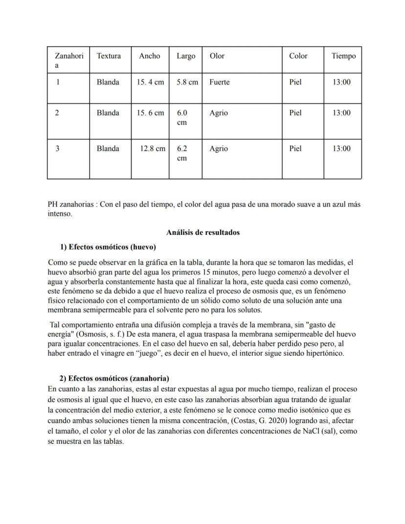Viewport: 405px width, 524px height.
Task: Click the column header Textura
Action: point(109,56)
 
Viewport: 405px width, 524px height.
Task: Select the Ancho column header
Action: point(149,56)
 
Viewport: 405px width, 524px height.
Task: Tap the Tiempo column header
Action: point(343,56)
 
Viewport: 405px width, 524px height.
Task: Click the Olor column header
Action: point(217,56)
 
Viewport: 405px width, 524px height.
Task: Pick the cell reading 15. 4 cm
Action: point(150,82)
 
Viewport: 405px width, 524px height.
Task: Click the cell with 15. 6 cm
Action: point(150,113)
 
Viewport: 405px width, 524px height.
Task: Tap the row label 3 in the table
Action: point(57,149)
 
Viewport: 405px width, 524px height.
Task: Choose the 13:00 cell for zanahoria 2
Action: point(341,113)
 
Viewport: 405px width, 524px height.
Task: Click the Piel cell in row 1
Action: point(295,82)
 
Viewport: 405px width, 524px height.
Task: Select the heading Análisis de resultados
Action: point(202,232)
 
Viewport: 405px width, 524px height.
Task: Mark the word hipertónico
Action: point(325,353)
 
